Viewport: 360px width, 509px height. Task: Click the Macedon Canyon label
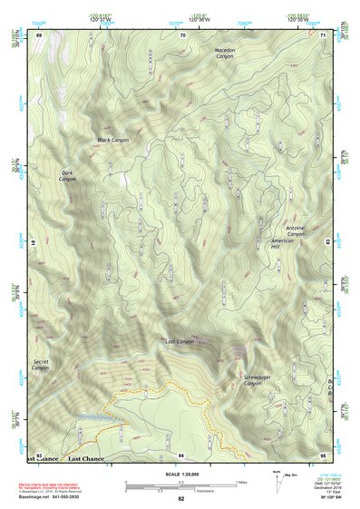coord(224,54)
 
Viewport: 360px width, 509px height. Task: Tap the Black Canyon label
coord(113,141)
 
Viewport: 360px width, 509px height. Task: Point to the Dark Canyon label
coord(67,176)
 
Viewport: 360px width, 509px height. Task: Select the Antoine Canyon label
coord(296,230)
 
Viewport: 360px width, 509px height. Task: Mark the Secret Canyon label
coord(39,365)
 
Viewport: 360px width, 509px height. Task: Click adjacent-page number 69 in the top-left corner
coord(39,34)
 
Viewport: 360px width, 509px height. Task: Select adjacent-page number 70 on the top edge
coord(182,34)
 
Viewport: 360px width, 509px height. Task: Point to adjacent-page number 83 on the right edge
coord(326,241)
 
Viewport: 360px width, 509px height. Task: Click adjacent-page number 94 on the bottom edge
coord(181,454)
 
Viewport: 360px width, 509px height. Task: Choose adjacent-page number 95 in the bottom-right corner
coord(323,454)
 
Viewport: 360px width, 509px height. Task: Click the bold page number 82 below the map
coord(181,498)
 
